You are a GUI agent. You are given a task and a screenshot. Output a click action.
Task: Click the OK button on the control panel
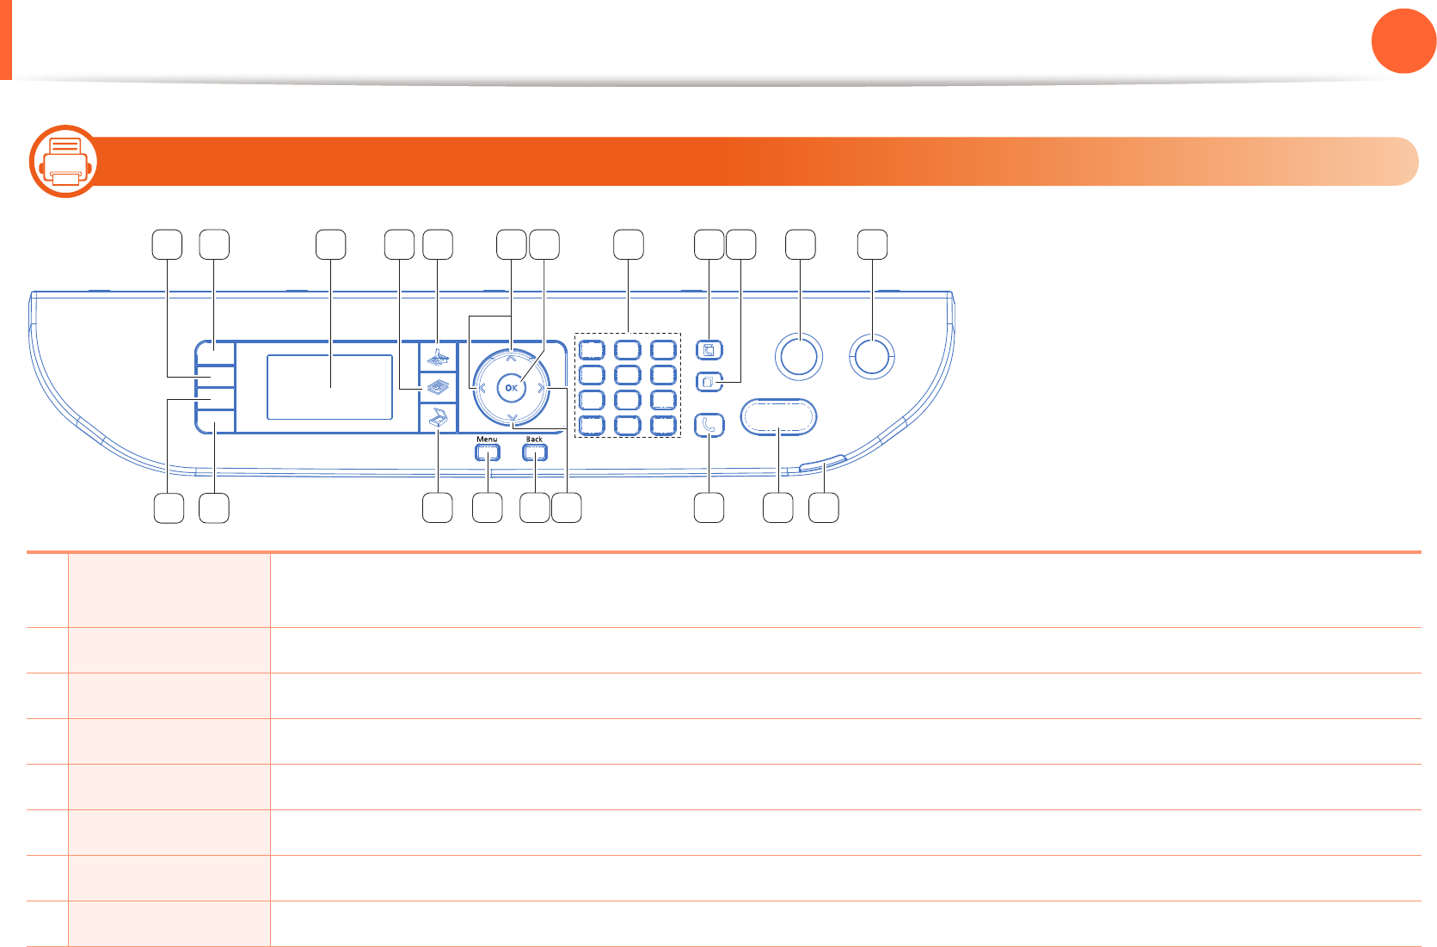pyautogui.click(x=512, y=388)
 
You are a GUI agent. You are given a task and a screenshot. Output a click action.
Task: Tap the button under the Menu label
pyautogui.click(x=487, y=452)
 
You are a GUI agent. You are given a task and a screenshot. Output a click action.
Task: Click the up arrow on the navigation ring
pyautogui.click(x=512, y=358)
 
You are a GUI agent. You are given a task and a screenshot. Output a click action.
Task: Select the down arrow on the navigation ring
pyautogui.click(x=512, y=418)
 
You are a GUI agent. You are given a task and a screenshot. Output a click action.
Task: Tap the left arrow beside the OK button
pyautogui.click(x=482, y=389)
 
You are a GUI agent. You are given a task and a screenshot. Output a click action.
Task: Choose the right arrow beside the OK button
pyautogui.click(x=541, y=389)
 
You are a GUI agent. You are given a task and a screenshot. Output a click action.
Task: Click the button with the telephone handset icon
pyautogui.click(x=709, y=424)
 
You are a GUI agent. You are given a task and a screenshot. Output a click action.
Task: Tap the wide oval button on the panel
pyautogui.click(x=777, y=417)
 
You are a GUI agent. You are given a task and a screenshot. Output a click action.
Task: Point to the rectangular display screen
pyautogui.click(x=329, y=387)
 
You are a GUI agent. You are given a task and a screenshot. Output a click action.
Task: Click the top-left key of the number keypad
pyautogui.click(x=592, y=350)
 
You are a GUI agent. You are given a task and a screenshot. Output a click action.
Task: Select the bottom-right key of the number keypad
pyautogui.click(x=663, y=425)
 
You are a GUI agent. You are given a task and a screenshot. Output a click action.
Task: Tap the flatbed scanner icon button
pyautogui.click(x=438, y=417)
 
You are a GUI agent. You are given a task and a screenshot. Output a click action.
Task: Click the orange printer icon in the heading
pyautogui.click(x=64, y=162)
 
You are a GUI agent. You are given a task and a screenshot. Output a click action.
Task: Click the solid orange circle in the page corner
pyautogui.click(x=1403, y=41)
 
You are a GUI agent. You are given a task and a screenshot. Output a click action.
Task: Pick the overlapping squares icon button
pyautogui.click(x=709, y=379)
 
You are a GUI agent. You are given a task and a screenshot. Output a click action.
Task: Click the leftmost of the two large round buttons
pyautogui.click(x=799, y=356)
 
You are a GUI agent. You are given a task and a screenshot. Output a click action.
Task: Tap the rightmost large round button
pyautogui.click(x=872, y=355)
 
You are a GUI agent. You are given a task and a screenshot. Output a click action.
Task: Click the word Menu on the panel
pyautogui.click(x=487, y=440)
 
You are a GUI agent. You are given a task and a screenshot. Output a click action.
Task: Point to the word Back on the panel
pyautogui.click(x=534, y=440)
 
